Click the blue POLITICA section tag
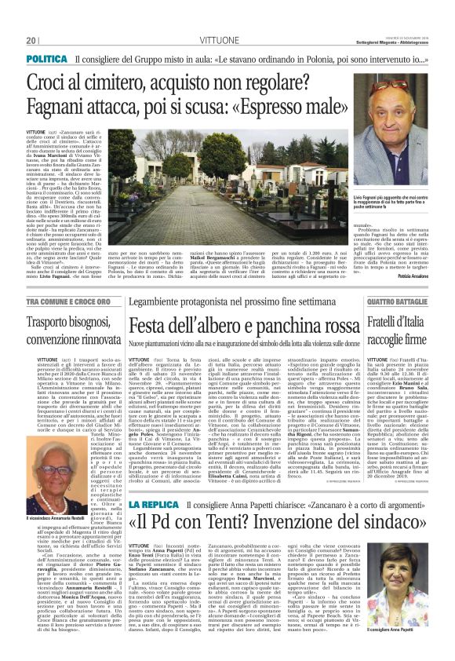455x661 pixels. click(46, 59)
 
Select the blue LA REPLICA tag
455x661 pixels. click(157, 524)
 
